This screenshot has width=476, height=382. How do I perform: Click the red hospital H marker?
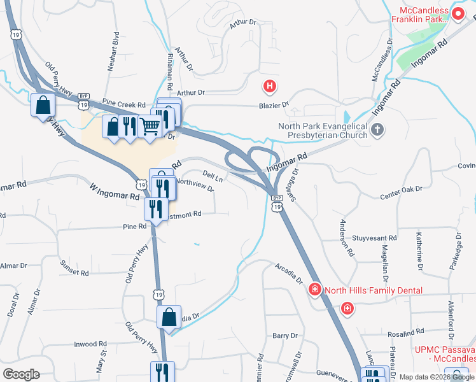[x=270, y=86]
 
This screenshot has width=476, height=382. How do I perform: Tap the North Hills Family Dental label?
[x=374, y=291]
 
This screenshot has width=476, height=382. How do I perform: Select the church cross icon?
[x=377, y=131]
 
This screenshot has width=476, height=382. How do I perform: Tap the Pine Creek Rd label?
[x=124, y=104]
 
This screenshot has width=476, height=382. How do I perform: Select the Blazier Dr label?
[x=274, y=105]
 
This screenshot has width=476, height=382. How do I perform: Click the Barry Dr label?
[x=284, y=336]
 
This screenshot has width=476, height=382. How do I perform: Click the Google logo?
[x=21, y=374]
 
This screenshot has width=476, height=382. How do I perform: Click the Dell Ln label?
[x=213, y=174]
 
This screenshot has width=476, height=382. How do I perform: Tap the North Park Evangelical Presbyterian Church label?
[x=323, y=131]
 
